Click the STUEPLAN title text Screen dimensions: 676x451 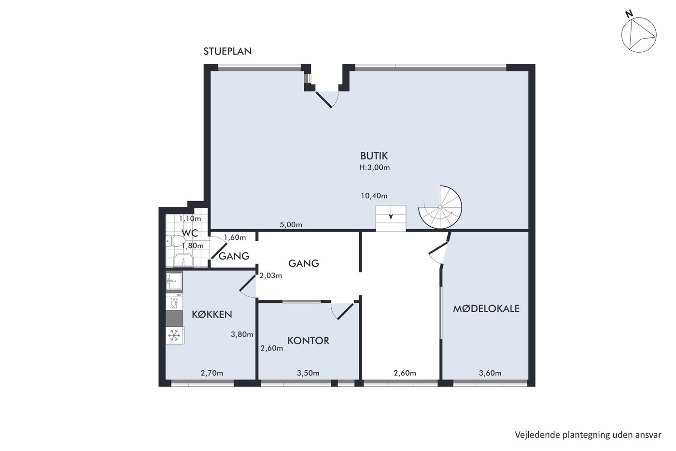pyautogui.click(x=227, y=52)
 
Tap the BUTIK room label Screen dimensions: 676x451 pyautogui.click(x=374, y=156)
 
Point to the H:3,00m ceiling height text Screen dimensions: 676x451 pyautogui.click(x=374, y=167)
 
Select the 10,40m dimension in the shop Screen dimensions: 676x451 pyautogui.click(x=374, y=196)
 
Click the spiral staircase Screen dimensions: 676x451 pyautogui.click(x=440, y=207)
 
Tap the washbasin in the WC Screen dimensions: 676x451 pyautogui.click(x=183, y=260)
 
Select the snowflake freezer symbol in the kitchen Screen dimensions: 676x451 pyautogui.click(x=174, y=335)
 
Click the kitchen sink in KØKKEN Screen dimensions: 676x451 pyautogui.click(x=174, y=281)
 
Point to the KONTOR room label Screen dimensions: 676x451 pyautogui.click(x=308, y=341)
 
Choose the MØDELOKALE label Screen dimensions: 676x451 pyautogui.click(x=486, y=308)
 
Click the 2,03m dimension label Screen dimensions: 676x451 pyautogui.click(x=271, y=276)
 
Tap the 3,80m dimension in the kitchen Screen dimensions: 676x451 pyautogui.click(x=242, y=335)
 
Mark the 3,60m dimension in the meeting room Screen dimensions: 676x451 pyautogui.click(x=490, y=373)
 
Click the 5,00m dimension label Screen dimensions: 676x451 pyautogui.click(x=291, y=225)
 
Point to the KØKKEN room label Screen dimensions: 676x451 pyautogui.click(x=212, y=315)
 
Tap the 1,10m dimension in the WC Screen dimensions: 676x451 pyautogui.click(x=190, y=218)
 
